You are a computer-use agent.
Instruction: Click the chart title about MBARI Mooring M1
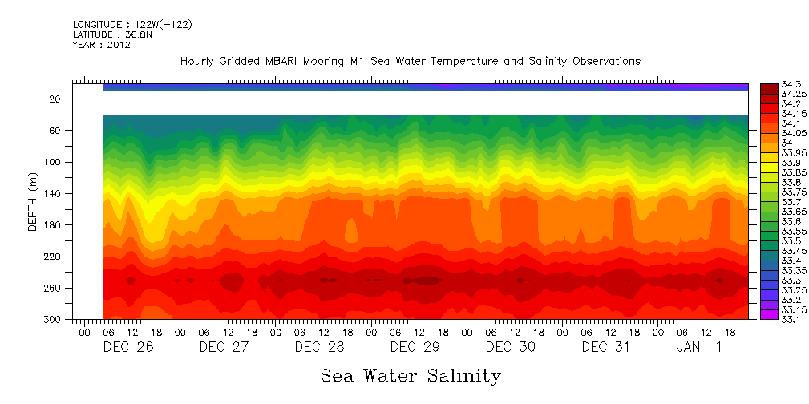tap(411, 62)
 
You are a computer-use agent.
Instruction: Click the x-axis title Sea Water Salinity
tap(411, 375)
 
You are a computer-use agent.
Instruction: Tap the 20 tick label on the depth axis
tap(56, 99)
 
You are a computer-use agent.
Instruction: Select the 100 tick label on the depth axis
tap(53, 162)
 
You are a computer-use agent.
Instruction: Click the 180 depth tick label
tap(53, 225)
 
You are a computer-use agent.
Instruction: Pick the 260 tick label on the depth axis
tap(53, 288)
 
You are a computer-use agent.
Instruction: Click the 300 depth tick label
tap(53, 320)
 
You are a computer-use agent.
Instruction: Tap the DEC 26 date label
tap(128, 347)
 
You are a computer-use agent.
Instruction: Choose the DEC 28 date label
tap(319, 347)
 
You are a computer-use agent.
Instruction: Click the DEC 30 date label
tap(511, 347)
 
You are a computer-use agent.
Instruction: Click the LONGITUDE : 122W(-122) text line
tap(132, 24)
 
